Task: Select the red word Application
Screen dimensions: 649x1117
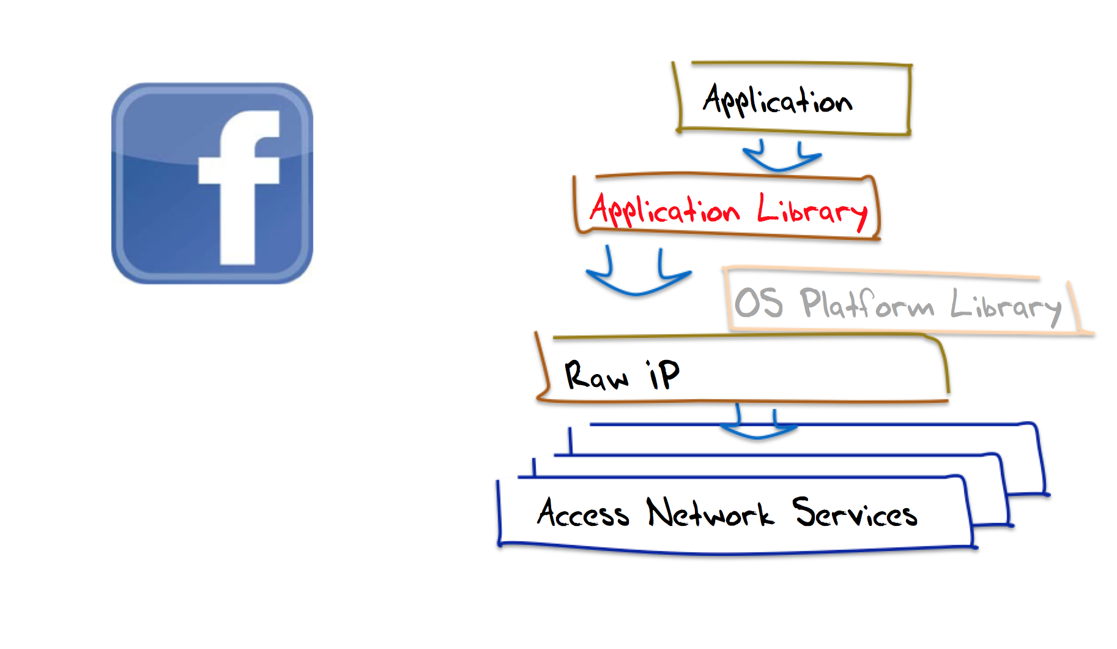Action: (664, 210)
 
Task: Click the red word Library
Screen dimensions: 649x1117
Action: (812, 211)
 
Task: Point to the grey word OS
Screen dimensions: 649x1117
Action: (759, 302)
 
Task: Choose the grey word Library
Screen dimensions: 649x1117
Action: (1006, 306)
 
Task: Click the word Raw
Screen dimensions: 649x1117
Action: (596, 375)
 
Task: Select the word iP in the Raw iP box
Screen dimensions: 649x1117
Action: (663, 374)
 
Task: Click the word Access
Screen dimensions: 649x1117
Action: (583, 513)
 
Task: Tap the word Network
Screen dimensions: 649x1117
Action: (710, 513)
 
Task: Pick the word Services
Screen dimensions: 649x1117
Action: (855, 513)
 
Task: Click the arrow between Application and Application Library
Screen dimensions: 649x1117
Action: (781, 159)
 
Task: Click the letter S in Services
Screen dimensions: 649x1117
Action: (805, 511)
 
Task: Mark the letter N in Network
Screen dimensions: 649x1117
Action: (660, 512)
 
